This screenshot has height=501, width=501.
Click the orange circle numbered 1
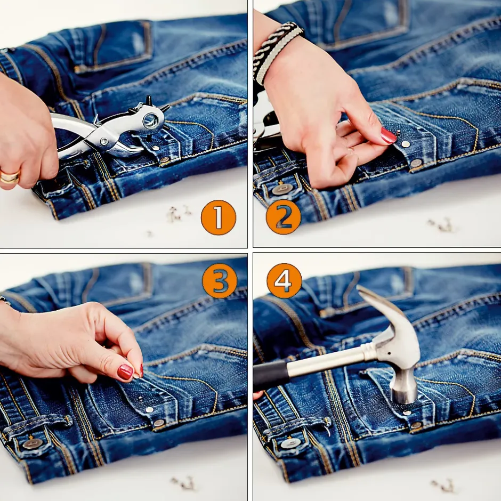pos(218,217)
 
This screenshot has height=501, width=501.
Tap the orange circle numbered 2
pos(284,217)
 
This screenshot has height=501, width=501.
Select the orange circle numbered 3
pos(220,281)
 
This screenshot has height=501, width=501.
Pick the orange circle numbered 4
pos(284,281)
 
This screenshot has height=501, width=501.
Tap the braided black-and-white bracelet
pos(277,51)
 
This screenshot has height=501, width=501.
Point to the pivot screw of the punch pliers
pos(104,141)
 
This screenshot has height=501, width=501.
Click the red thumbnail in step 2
pos(388,135)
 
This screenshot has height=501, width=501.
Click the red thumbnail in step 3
pos(125,372)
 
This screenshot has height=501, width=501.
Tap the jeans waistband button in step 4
pos(290,443)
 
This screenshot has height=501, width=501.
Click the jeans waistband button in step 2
pos(279,190)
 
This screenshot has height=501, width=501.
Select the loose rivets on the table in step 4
pos(443,486)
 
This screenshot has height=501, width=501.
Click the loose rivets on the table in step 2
pos(443,225)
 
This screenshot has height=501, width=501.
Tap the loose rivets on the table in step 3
pos(183,483)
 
